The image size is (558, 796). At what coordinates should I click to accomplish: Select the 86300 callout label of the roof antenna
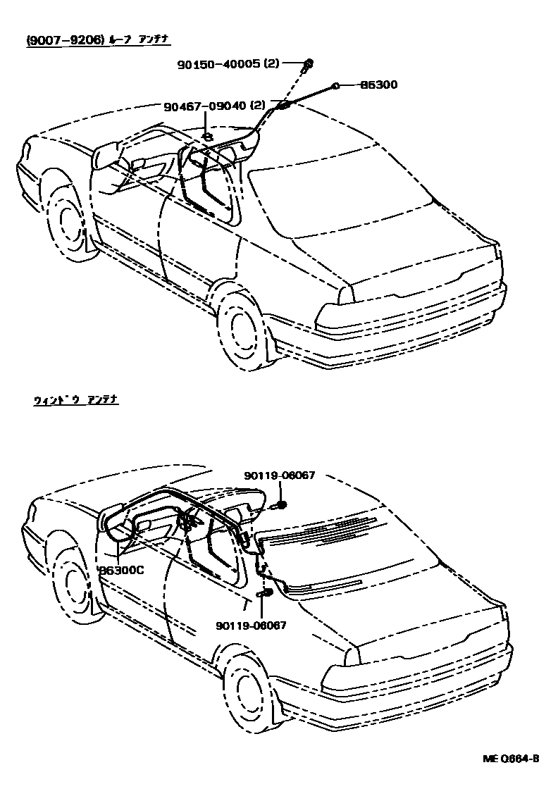click(x=378, y=85)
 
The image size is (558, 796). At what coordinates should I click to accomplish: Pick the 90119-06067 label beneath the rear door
click(x=252, y=624)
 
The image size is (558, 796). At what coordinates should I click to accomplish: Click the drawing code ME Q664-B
click(x=511, y=759)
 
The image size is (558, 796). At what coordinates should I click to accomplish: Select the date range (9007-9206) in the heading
click(x=65, y=41)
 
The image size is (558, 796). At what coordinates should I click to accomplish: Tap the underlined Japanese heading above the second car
click(x=75, y=400)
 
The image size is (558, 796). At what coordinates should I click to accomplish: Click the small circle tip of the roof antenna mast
click(x=336, y=85)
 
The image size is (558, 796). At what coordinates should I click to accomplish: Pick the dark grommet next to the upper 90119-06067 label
click(x=280, y=504)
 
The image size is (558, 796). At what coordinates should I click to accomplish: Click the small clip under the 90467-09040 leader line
click(x=206, y=135)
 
